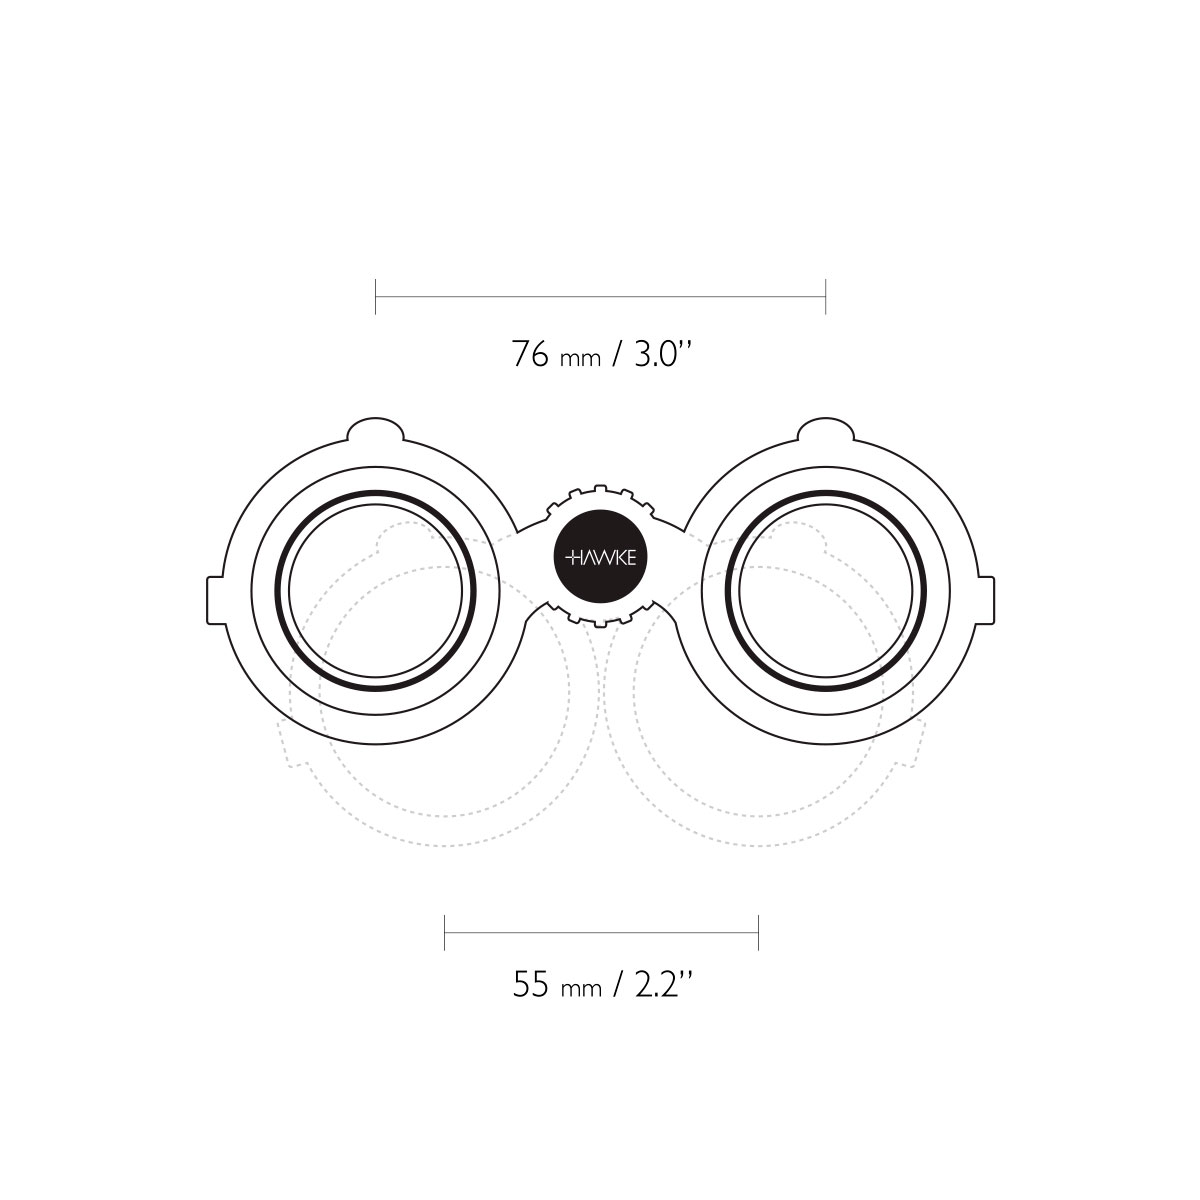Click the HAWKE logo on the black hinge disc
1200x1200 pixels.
point(600,557)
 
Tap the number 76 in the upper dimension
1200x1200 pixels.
point(530,354)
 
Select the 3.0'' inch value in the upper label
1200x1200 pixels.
point(663,353)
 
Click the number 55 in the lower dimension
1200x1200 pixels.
point(531,985)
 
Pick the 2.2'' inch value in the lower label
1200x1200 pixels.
point(663,984)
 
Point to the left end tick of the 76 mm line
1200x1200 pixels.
point(376,296)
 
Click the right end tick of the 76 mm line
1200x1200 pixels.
point(825,296)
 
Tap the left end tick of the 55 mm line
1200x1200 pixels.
point(445,932)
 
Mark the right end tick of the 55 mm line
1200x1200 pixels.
point(758,932)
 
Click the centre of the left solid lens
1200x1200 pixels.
point(376,590)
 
